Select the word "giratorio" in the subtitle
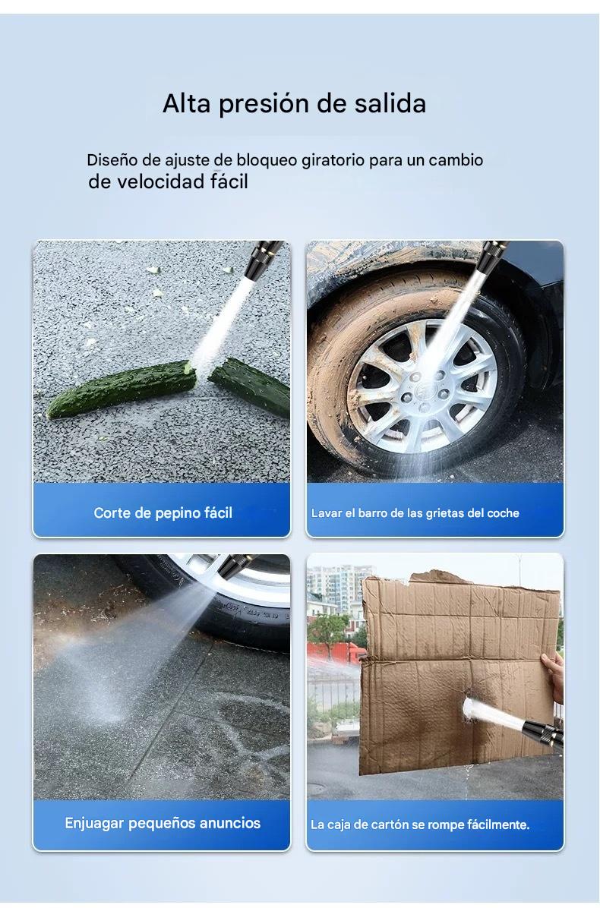333,160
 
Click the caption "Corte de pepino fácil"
163,512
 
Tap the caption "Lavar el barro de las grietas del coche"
415,513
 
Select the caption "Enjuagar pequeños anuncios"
163,823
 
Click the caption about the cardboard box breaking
420,824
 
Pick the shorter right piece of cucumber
250,386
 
